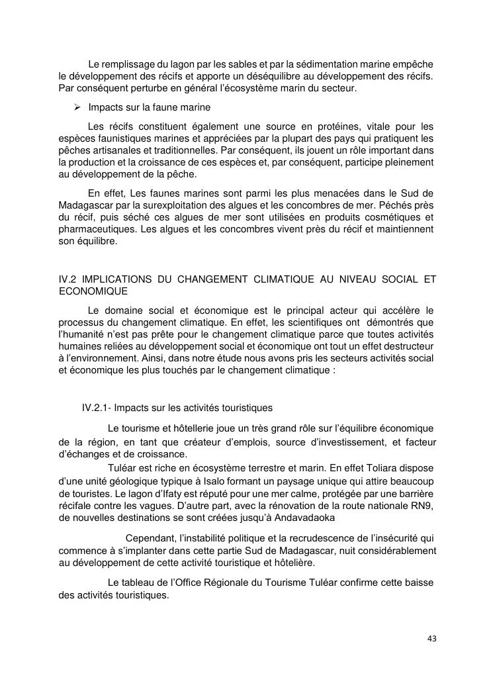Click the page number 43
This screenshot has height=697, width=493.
pos(432,638)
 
